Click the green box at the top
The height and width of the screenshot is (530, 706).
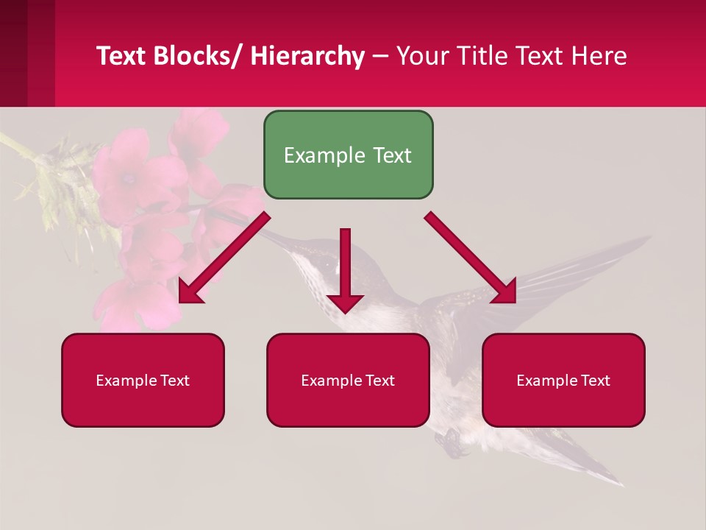348,155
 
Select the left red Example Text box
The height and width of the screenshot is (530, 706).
143,380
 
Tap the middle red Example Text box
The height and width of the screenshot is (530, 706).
348,380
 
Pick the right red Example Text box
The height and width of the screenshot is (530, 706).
563,380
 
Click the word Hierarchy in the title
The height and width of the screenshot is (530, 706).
307,57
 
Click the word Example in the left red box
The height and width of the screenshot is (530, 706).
122,381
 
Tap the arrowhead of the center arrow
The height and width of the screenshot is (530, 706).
345,302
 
